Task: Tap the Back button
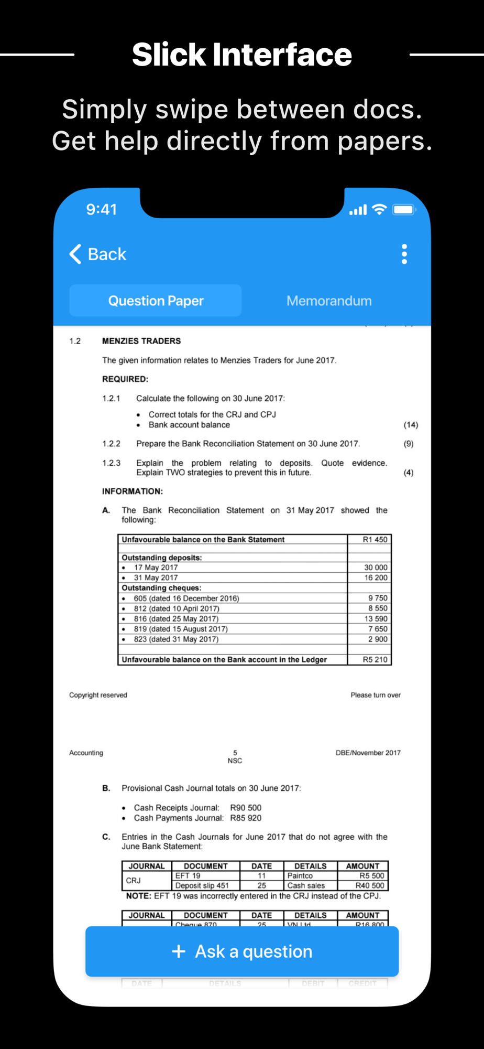(98, 254)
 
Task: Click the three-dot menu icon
(404, 254)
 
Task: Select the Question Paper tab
(156, 301)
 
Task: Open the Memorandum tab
(329, 301)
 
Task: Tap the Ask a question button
(242, 951)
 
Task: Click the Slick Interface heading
(242, 55)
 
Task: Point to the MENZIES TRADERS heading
(141, 341)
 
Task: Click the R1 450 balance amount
(375, 540)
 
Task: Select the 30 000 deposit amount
(376, 568)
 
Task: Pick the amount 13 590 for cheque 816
(376, 619)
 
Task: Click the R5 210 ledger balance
(375, 660)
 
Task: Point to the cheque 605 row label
(186, 598)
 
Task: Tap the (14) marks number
(411, 425)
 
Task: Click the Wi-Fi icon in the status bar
(379, 210)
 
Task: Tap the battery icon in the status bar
(404, 210)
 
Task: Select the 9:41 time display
(102, 210)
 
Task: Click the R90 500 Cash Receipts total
(246, 808)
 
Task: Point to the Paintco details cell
(300, 875)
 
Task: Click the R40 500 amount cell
(369, 885)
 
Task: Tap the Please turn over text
(376, 695)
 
